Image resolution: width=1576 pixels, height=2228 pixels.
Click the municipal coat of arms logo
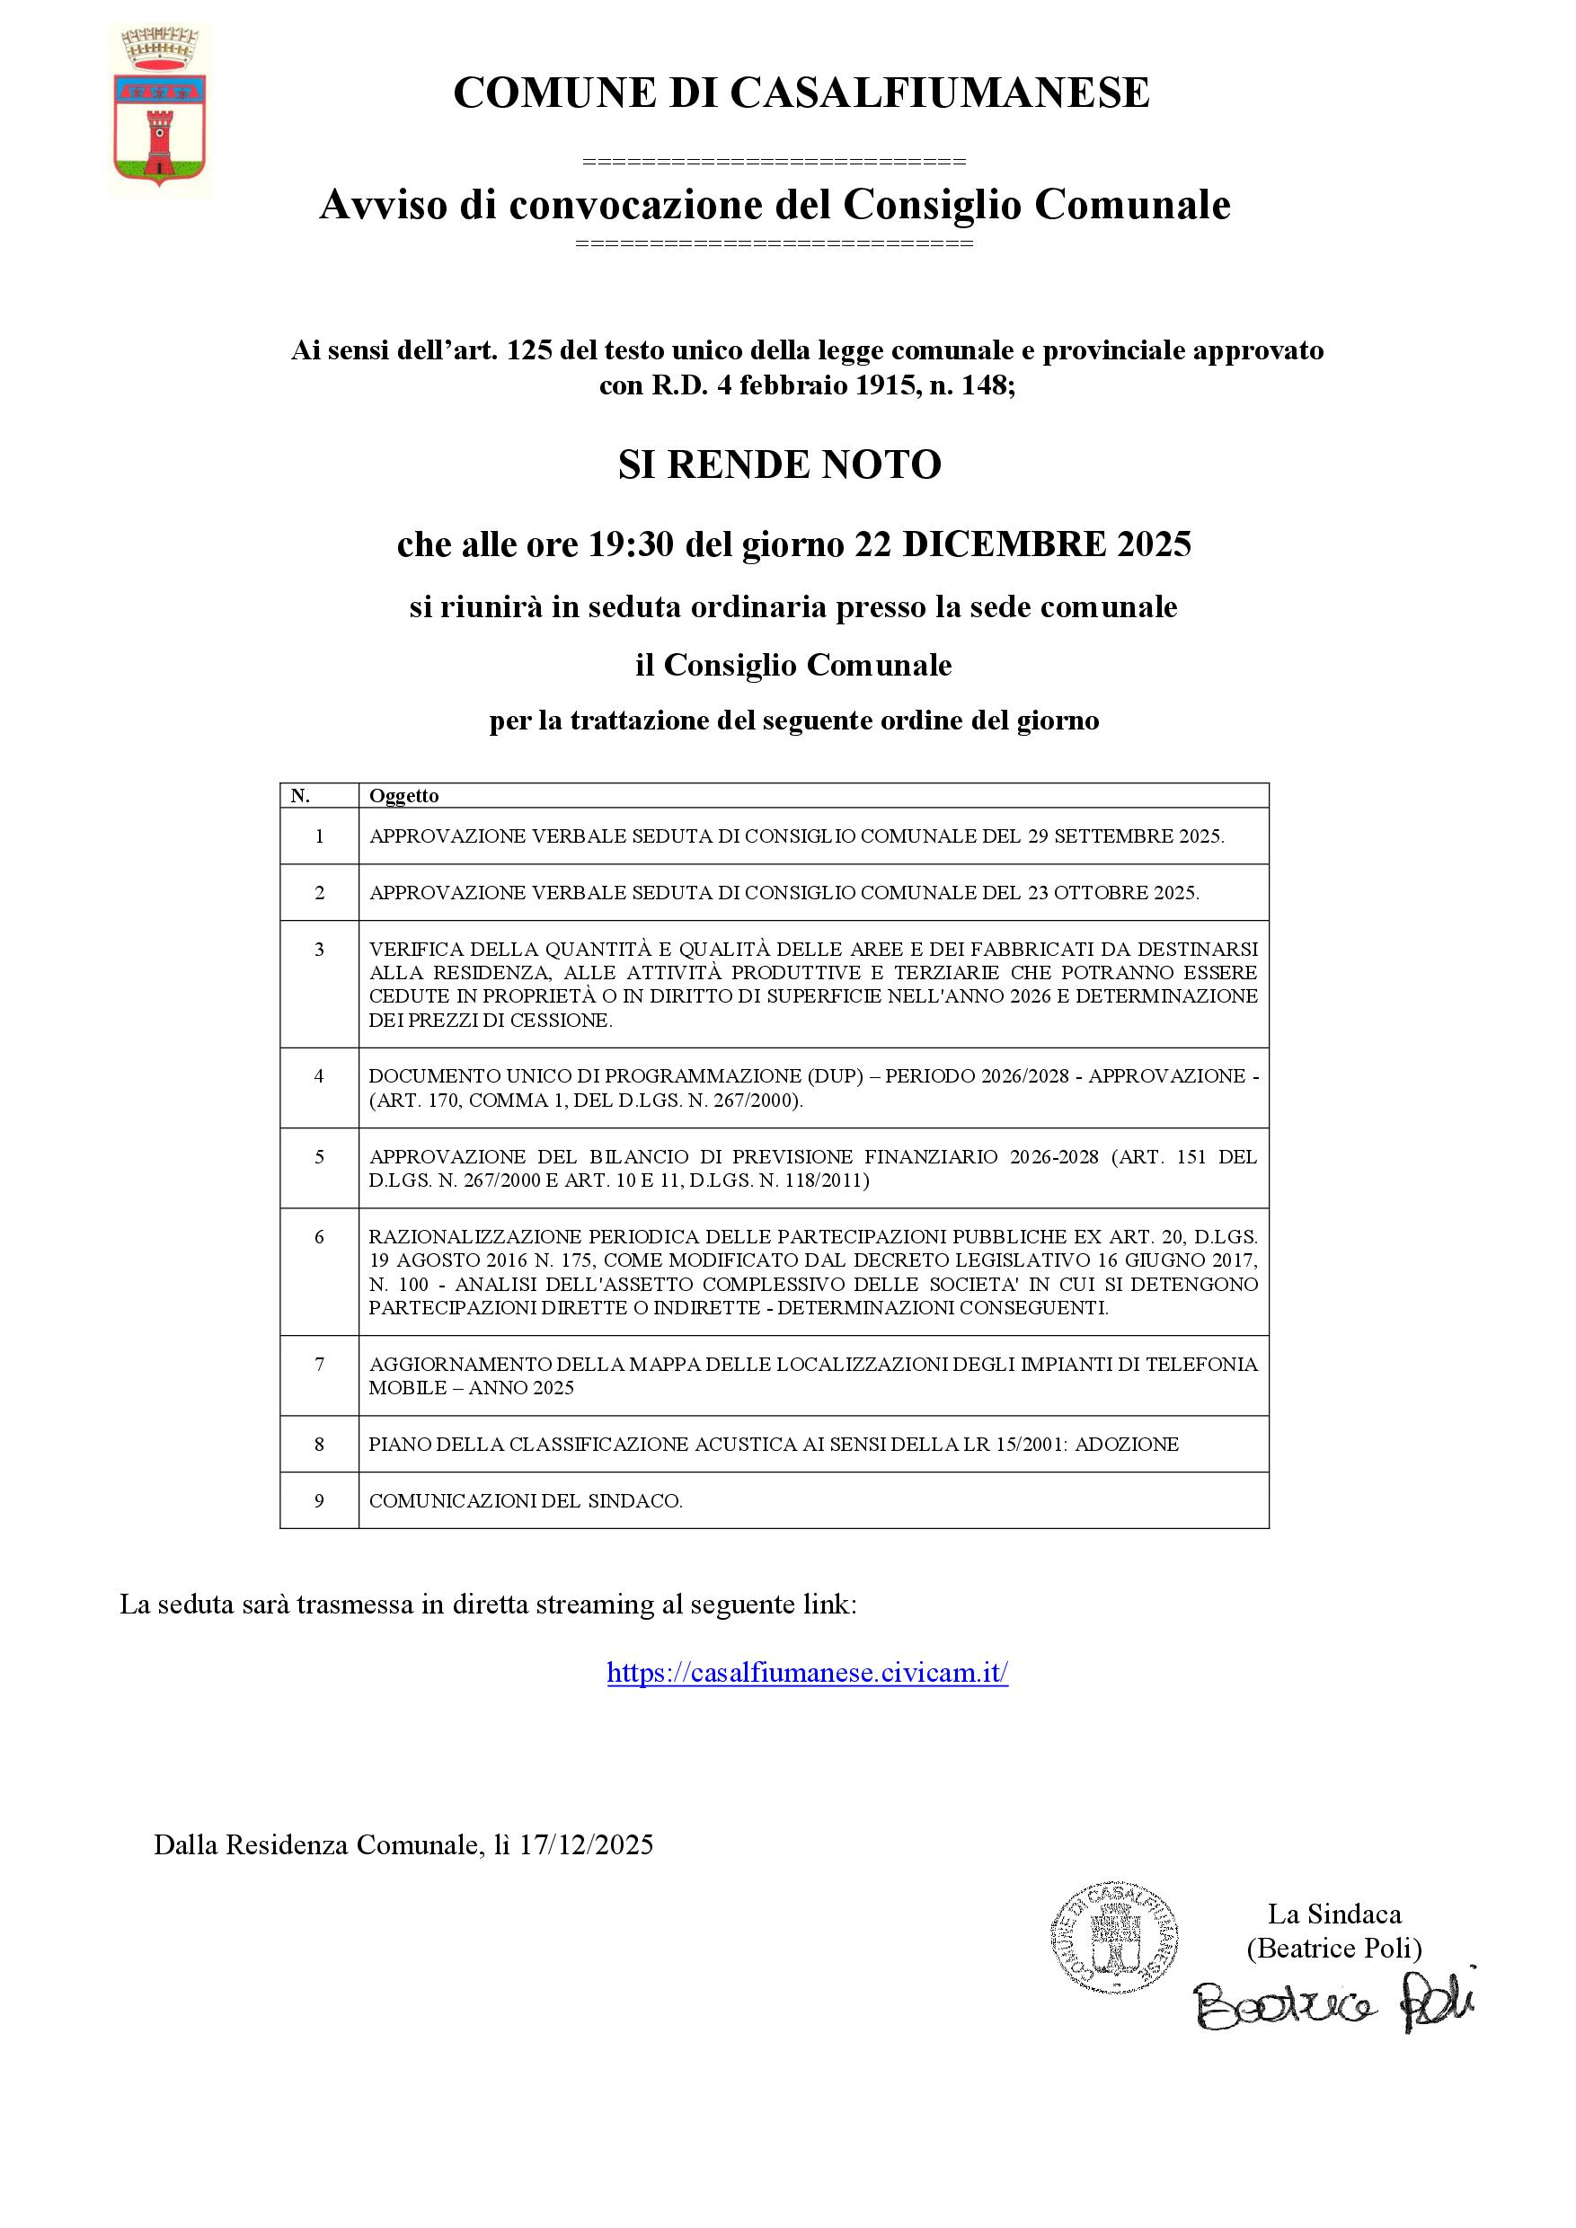160,110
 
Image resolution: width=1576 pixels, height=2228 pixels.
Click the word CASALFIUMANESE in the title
938,94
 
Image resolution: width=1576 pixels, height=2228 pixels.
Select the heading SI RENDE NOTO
779,464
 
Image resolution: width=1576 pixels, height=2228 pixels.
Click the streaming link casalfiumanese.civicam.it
808,1673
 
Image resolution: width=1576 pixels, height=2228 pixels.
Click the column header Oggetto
403,796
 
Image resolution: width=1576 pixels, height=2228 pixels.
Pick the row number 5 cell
319,1157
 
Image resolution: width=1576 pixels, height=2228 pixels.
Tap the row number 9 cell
319,1500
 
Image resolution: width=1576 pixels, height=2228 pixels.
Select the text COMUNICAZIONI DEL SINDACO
525,1501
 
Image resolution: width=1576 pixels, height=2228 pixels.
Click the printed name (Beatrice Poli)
1334,1948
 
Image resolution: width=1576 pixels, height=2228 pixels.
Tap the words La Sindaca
1334,1914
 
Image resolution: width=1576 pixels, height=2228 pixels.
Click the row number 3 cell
319,949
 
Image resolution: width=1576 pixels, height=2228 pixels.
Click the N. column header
301,796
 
